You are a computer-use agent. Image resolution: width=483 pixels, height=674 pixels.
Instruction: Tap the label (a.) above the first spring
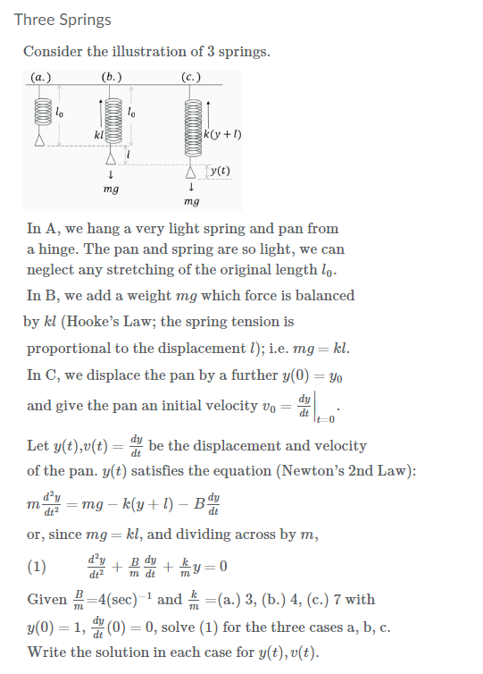(40, 78)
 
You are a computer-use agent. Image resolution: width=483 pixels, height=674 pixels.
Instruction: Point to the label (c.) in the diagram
(190, 78)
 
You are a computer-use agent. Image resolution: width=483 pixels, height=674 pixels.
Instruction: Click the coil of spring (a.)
(39, 114)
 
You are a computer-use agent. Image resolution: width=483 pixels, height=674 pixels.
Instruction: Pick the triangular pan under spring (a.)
(39, 140)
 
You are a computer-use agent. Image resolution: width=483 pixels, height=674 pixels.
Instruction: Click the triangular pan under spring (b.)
(112, 157)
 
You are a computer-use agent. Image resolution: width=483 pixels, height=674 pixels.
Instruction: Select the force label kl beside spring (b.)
(98, 135)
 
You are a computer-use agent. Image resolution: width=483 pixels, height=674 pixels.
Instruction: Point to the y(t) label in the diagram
(218, 171)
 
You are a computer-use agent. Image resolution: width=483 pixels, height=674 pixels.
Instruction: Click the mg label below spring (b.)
(112, 190)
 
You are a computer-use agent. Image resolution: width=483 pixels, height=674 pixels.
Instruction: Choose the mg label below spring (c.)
(191, 203)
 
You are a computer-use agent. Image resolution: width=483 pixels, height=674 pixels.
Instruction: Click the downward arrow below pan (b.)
(112, 175)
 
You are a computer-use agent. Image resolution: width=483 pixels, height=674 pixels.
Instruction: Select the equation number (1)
(37, 566)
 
